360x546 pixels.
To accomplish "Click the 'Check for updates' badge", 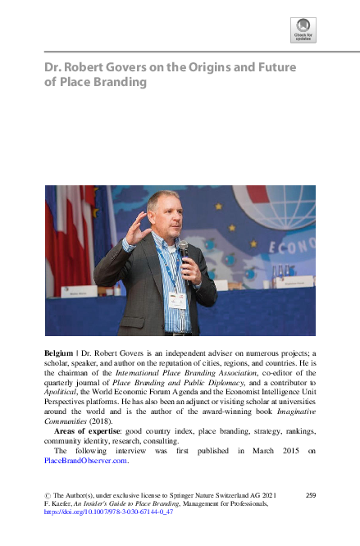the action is point(303,30).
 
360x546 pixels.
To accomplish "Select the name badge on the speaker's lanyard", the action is point(175,299).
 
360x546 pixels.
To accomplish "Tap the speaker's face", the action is point(160,212).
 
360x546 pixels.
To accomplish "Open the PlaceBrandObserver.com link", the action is point(86,461).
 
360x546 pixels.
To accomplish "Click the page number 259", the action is point(310,496).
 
